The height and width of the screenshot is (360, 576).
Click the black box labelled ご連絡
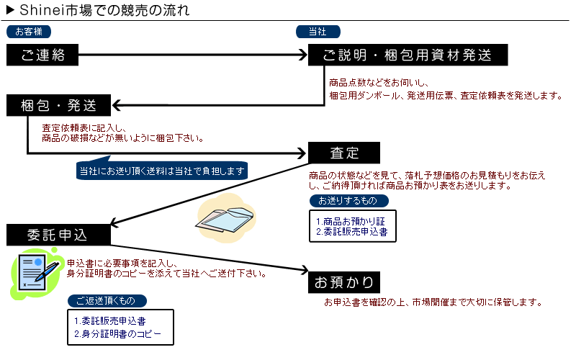(x=42, y=55)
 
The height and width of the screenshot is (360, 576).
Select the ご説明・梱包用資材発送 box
(x=408, y=55)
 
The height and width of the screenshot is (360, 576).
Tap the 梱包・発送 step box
(x=59, y=105)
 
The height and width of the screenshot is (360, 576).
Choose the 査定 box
(x=344, y=153)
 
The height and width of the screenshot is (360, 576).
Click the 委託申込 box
(x=59, y=235)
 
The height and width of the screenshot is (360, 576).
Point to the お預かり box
(x=344, y=282)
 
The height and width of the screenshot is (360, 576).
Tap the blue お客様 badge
(x=29, y=32)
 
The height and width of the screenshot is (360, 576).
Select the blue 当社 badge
(x=318, y=32)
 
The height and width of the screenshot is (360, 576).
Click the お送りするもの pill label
(x=348, y=201)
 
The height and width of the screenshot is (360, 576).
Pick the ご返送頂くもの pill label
(x=107, y=301)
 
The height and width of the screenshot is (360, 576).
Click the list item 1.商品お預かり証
(x=351, y=222)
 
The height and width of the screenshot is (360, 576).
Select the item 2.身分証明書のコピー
(x=117, y=334)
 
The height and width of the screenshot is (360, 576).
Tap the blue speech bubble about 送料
(x=162, y=171)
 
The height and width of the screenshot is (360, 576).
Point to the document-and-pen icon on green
(x=36, y=274)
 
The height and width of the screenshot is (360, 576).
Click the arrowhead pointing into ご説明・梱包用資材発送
(x=303, y=55)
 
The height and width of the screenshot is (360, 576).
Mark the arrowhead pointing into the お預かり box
(x=305, y=270)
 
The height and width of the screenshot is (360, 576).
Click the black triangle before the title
(x=10, y=9)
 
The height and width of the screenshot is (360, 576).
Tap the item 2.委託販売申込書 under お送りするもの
(x=352, y=232)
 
